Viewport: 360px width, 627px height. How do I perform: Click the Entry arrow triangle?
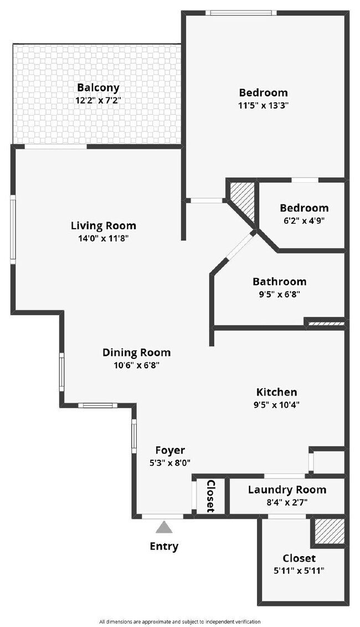coord(163,527)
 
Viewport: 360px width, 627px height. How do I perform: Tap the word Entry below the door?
coord(164,546)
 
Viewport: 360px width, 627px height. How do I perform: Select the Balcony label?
coord(98,88)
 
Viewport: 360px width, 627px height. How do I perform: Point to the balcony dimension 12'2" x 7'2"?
coord(98,101)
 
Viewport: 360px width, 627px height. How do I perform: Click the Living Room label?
coord(104,225)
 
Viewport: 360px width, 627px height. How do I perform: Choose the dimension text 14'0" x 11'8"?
coord(104,238)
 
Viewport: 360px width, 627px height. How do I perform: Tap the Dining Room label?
coord(136,352)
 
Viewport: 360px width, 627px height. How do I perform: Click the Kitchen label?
coord(276,392)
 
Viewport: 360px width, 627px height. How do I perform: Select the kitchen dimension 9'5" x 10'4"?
coord(276,404)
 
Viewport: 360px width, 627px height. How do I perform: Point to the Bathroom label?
coord(279,282)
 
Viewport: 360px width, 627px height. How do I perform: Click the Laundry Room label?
coord(287,490)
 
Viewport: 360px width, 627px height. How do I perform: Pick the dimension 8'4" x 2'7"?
coord(287,502)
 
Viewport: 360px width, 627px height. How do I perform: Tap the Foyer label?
coord(170,450)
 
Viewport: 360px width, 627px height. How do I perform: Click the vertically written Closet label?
coord(210,496)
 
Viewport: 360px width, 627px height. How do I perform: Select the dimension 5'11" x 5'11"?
coord(299,571)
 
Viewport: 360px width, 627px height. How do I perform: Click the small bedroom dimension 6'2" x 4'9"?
coord(304,220)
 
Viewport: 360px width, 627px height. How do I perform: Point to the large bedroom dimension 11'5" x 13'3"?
coord(263,105)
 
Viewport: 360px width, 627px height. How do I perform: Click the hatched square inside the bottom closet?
coord(329,532)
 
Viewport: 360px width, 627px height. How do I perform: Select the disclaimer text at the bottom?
coord(179,621)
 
